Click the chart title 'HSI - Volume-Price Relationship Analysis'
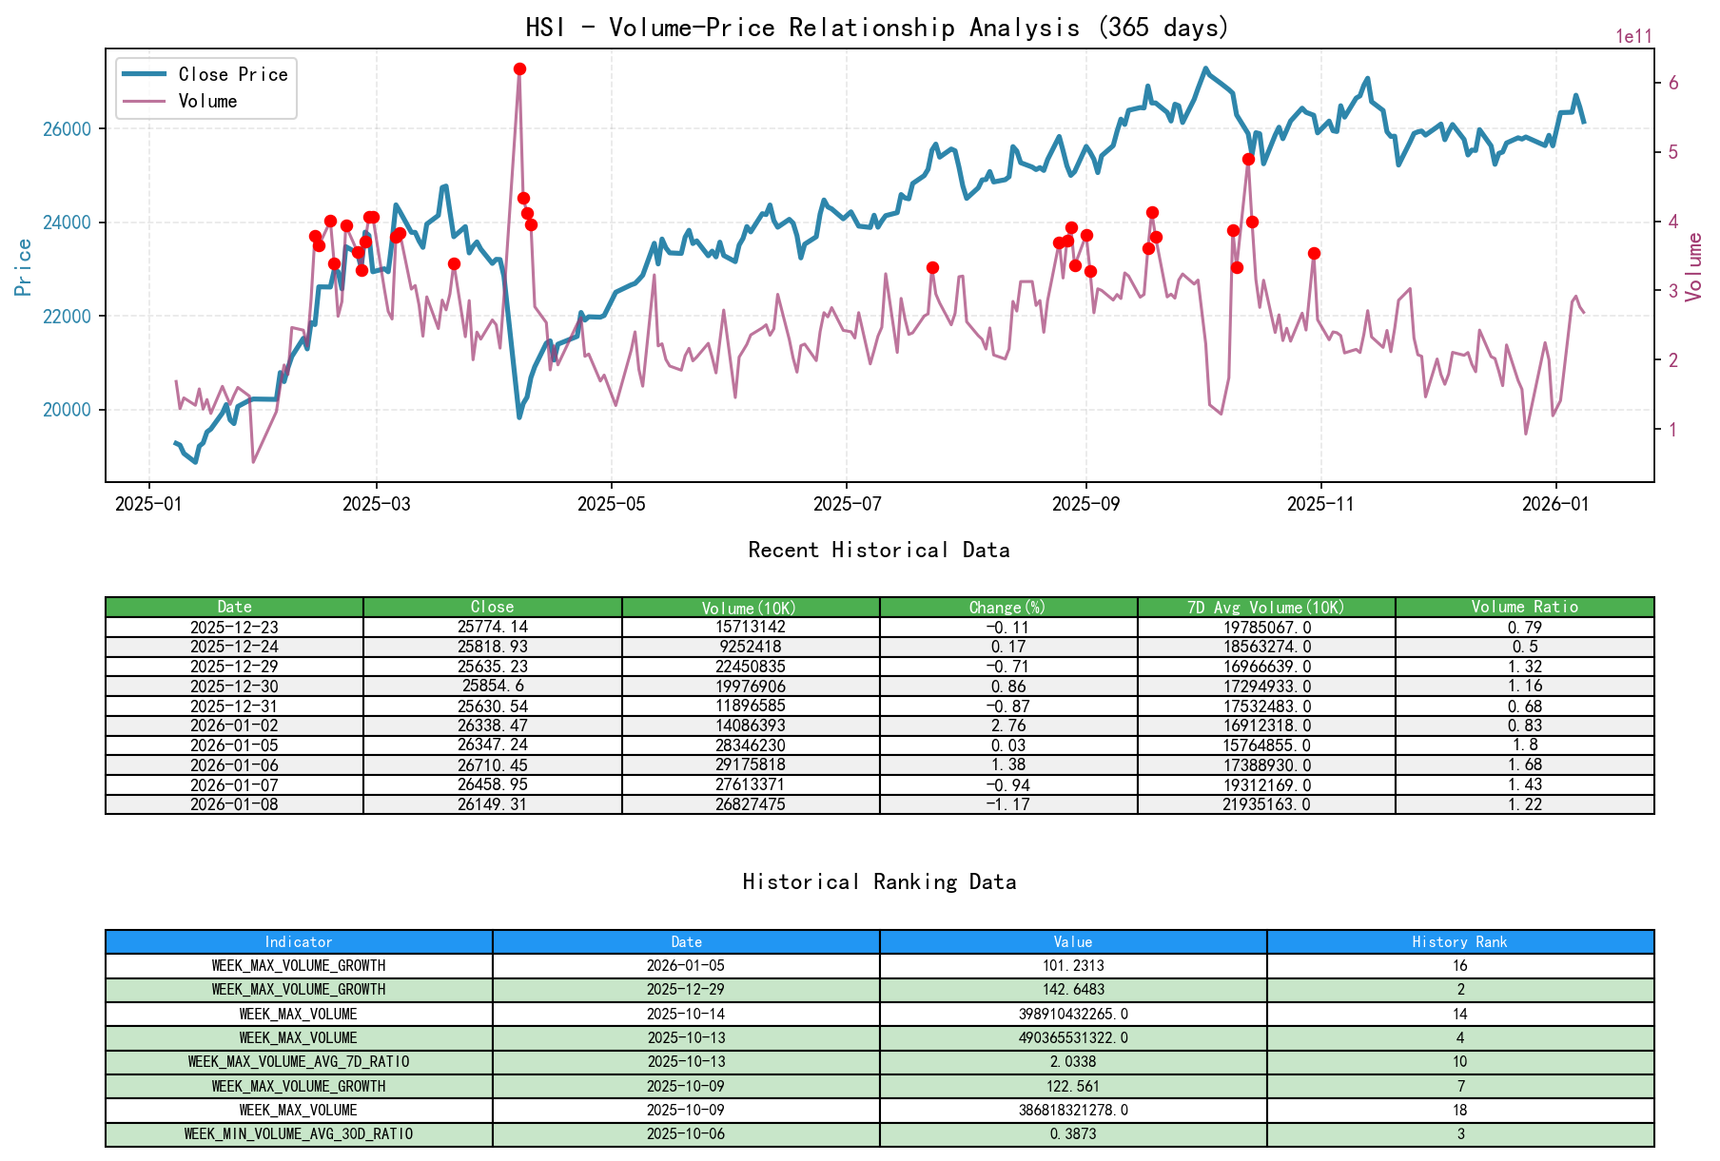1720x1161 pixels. pyautogui.click(x=877, y=28)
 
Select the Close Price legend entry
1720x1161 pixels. pyautogui.click(x=232, y=75)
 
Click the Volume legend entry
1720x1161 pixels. pyautogui.click(x=207, y=102)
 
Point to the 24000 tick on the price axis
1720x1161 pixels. pyautogui.click(x=68, y=223)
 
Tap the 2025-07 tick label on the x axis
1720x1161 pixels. pyautogui.click(x=846, y=504)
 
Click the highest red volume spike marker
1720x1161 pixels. pyautogui.click(x=519, y=69)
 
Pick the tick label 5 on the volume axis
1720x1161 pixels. pyautogui.click(x=1673, y=153)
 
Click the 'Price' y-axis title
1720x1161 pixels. pyautogui.click(x=24, y=267)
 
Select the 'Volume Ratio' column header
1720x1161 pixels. pyautogui.click(x=1524, y=608)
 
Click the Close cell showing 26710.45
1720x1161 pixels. pyautogui.click(x=492, y=765)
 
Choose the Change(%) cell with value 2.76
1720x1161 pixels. pyautogui.click(x=1008, y=726)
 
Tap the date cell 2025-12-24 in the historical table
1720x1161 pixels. pyautogui.click(x=234, y=647)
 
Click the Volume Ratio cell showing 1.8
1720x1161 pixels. pyautogui.click(x=1524, y=745)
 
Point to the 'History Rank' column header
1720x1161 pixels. pyautogui.click(x=1459, y=942)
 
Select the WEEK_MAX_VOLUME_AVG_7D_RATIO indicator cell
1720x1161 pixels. pyautogui.click(x=299, y=1062)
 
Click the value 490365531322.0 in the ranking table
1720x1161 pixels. pyautogui.click(x=1073, y=1038)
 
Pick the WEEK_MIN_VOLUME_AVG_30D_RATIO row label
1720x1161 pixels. pyautogui.click(x=299, y=1134)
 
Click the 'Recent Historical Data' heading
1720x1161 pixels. pyautogui.click(x=878, y=551)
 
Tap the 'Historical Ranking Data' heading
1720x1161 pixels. pyautogui.click(x=879, y=882)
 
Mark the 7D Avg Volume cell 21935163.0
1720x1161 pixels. pyautogui.click(x=1266, y=804)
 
